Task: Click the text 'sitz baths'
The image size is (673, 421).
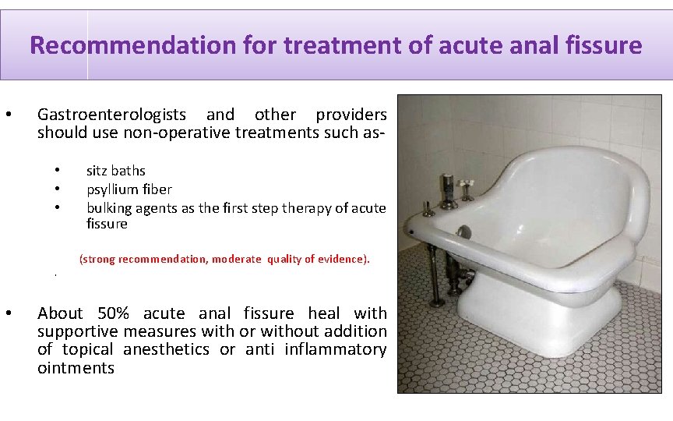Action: pyautogui.click(x=115, y=171)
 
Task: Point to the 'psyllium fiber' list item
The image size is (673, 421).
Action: pyautogui.click(x=129, y=189)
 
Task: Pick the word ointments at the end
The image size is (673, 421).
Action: pyautogui.click(x=76, y=368)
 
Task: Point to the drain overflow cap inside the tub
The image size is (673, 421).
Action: pyautogui.click(x=464, y=232)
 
